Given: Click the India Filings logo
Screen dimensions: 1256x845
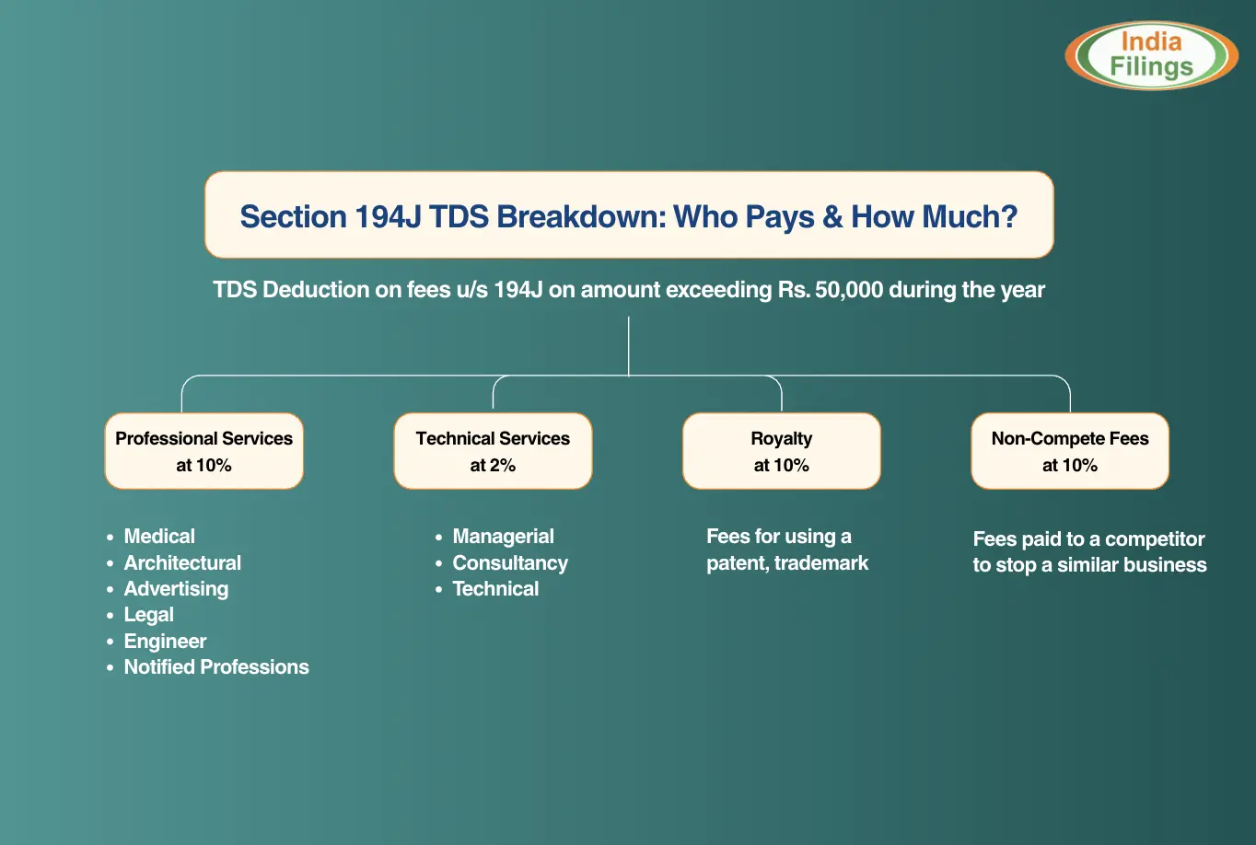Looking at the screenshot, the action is click(1151, 55).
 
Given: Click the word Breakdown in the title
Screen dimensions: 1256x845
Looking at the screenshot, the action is click(581, 217).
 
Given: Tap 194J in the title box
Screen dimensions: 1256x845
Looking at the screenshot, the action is click(388, 217).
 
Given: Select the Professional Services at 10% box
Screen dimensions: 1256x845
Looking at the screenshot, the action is click(204, 451).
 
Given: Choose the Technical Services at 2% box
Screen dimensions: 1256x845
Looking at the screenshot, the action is click(493, 451).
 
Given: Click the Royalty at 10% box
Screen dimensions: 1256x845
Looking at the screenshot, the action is click(782, 451).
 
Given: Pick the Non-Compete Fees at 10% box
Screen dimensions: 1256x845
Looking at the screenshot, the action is click(1070, 451).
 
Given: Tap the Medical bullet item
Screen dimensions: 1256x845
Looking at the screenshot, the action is click(159, 537).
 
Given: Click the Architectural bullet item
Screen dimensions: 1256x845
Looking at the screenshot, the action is click(182, 562).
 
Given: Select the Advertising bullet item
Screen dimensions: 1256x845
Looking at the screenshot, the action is click(176, 589).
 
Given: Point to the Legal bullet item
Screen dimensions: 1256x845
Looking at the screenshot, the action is click(148, 615).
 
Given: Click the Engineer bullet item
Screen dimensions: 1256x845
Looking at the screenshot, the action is click(165, 641).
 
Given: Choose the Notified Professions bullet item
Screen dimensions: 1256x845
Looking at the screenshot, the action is click(216, 666).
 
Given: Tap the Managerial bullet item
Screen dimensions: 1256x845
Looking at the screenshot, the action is click(503, 537).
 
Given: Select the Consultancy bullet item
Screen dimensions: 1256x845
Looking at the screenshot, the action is click(510, 562).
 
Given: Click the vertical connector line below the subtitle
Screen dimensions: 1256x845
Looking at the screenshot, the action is click(629, 346).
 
